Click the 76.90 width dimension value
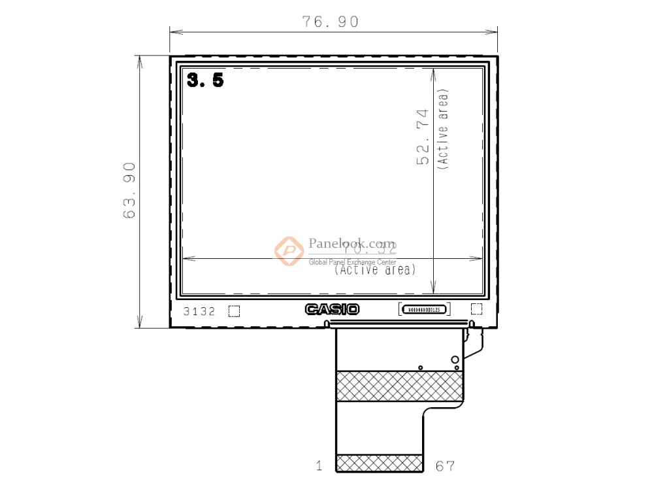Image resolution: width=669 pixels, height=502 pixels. click(x=331, y=22)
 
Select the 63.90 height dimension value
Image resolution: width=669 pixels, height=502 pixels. click(x=129, y=190)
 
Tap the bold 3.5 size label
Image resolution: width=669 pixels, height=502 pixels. click(x=205, y=80)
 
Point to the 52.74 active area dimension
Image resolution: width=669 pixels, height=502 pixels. click(x=423, y=137)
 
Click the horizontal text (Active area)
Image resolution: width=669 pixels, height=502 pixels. click(x=375, y=269)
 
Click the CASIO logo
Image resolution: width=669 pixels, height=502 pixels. click(x=332, y=310)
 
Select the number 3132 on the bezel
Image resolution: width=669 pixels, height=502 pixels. click(x=199, y=312)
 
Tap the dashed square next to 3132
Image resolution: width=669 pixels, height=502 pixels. click(x=234, y=311)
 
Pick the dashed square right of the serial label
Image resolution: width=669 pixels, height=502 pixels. click(x=476, y=309)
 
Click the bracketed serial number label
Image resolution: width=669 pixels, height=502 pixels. click(x=424, y=309)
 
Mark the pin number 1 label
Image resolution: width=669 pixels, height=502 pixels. click(x=319, y=466)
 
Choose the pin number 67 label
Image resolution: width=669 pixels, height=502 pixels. click(x=444, y=466)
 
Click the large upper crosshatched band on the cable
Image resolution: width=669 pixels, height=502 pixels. click(x=399, y=386)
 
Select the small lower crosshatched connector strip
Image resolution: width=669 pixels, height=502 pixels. click(x=379, y=463)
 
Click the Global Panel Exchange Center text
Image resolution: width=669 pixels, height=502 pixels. click(x=352, y=262)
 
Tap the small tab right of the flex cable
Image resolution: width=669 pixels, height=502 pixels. click(x=474, y=340)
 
